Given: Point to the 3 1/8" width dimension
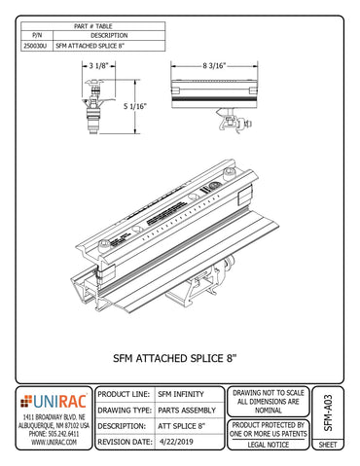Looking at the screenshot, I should (x=97, y=65).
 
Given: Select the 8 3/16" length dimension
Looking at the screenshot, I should (x=217, y=65).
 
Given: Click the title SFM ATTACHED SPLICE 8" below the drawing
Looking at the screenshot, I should (x=179, y=358).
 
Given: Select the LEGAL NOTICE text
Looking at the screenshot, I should (x=270, y=445).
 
